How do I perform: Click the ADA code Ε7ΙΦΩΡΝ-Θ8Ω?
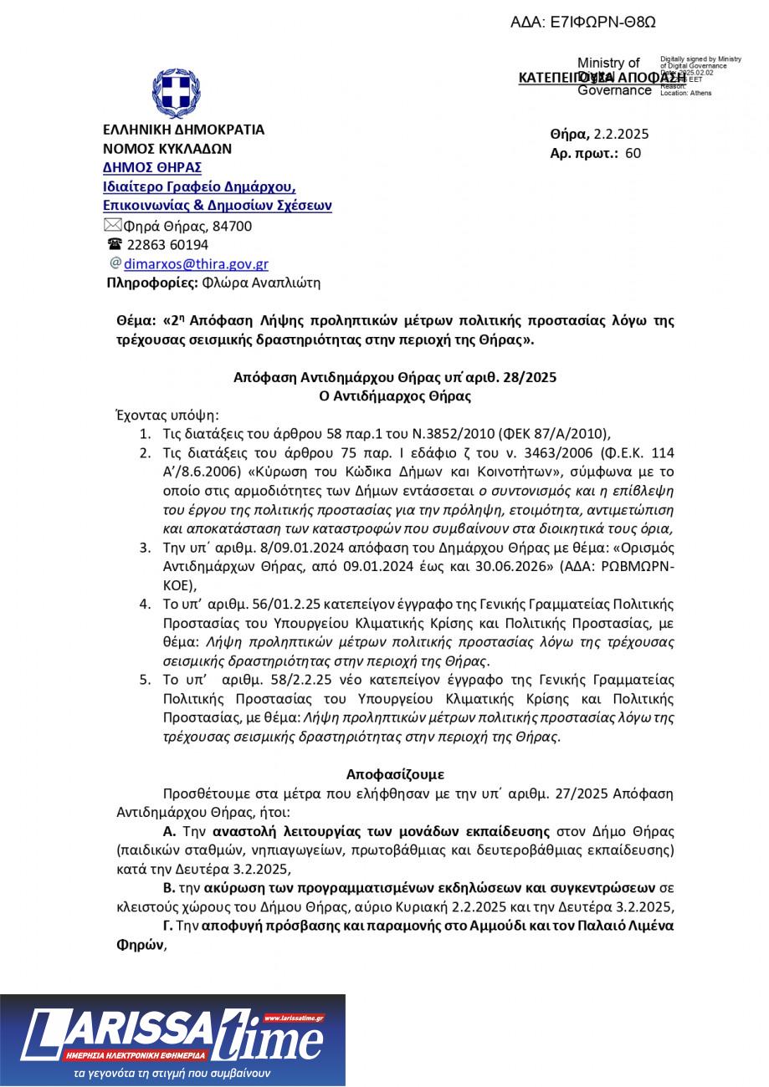(x=583, y=23)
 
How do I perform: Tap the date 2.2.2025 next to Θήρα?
(x=622, y=134)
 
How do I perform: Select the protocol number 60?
(x=633, y=153)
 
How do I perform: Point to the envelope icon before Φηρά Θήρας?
(x=112, y=225)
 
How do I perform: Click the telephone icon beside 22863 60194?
(x=115, y=244)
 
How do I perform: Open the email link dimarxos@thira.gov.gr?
(x=196, y=264)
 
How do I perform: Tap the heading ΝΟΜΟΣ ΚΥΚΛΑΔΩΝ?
(x=167, y=149)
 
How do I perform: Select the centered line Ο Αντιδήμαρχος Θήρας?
(x=395, y=396)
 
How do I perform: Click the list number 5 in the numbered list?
(x=146, y=680)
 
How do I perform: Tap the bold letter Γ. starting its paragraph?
(x=168, y=926)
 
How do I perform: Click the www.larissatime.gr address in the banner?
(x=294, y=1018)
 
